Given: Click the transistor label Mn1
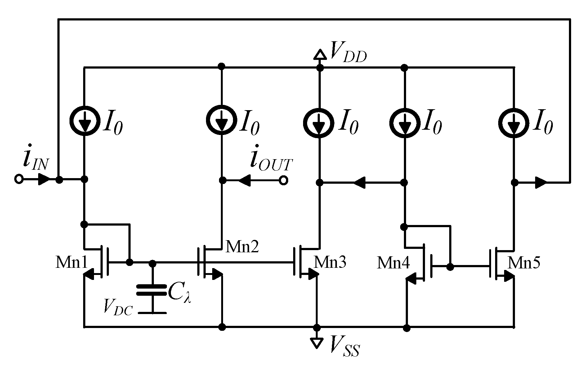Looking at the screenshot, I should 71,263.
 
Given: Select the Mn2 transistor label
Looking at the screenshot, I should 242,247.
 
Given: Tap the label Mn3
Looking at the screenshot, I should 330,263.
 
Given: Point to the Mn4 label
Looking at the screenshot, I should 393,263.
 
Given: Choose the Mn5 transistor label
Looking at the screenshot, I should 524,263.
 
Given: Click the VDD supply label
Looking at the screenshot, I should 348,52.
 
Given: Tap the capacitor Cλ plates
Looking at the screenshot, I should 152,290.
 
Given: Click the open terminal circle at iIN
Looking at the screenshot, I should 19,179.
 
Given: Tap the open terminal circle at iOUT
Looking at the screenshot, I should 283,180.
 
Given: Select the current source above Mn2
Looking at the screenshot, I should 221,121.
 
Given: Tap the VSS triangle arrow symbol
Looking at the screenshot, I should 316,343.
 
